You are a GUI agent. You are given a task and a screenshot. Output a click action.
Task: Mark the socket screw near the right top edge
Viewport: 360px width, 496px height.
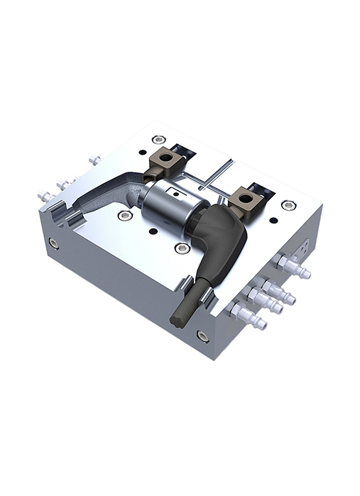coord(288,205)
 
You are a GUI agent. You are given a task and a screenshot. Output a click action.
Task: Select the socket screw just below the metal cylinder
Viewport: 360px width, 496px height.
coord(182,248)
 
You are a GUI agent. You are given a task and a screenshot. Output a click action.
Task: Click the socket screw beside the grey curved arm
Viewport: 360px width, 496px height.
coord(126,215)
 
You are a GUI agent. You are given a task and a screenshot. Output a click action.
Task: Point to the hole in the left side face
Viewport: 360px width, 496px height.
coord(54,243)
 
